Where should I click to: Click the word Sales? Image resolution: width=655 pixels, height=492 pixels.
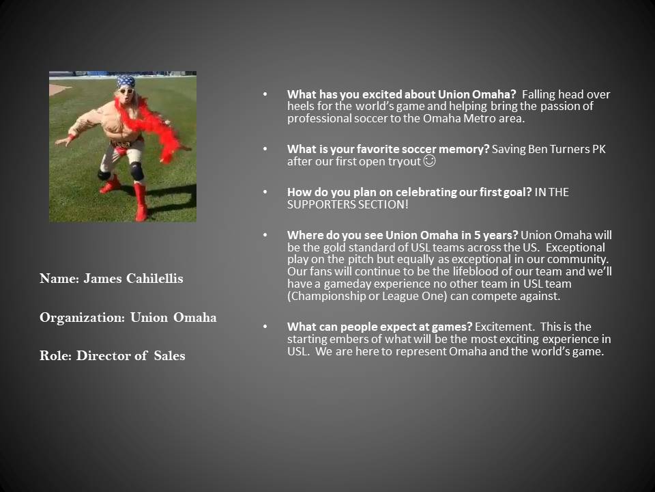(170, 355)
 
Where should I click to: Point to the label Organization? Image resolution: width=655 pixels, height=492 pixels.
(83, 318)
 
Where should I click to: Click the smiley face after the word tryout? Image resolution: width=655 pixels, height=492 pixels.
(429, 161)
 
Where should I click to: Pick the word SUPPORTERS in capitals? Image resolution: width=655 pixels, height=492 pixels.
(320, 204)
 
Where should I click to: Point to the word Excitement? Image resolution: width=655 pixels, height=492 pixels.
(505, 327)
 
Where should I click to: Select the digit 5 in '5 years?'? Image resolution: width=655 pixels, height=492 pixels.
(477, 235)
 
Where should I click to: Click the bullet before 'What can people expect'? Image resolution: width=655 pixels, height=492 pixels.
(265, 326)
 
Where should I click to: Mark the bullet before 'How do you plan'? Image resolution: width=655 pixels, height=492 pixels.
(265, 191)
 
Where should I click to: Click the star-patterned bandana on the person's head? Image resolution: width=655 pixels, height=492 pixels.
(126, 81)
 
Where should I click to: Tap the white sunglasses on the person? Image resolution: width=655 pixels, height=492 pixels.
(126, 91)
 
